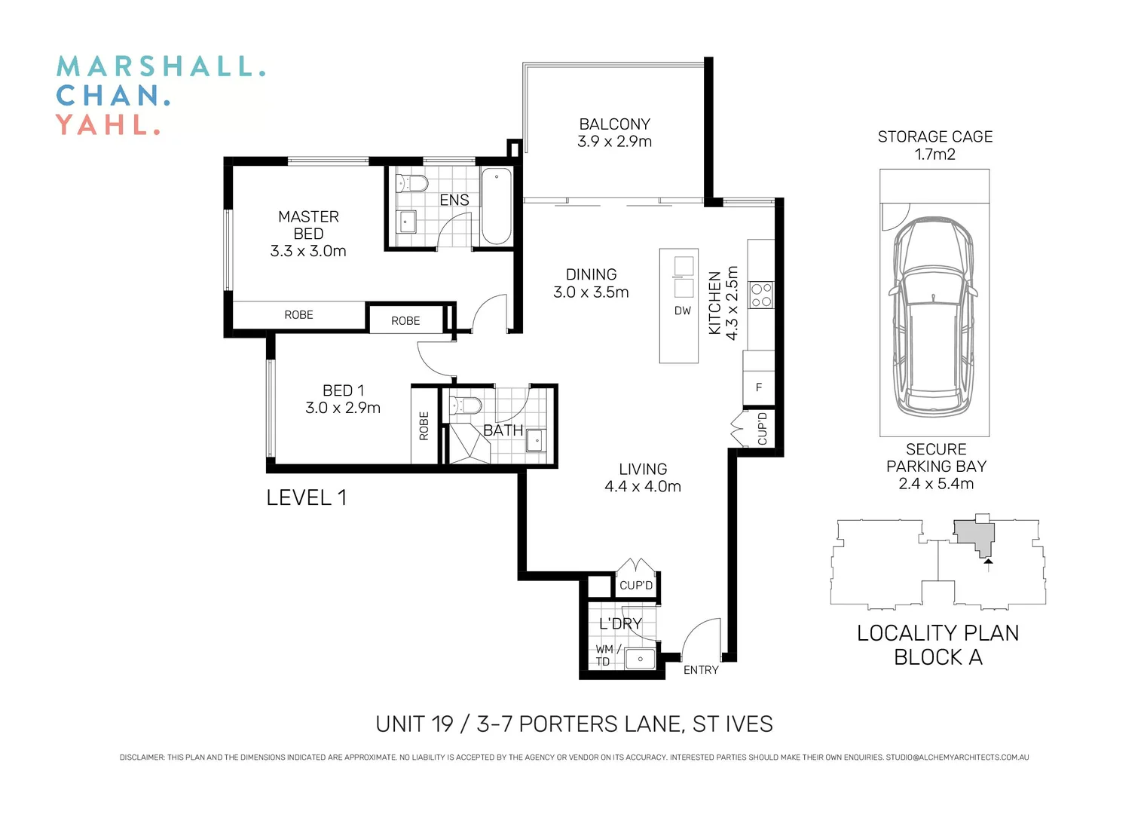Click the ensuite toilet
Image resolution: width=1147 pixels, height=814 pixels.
click(x=411, y=183)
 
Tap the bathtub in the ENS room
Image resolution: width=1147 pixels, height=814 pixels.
click(x=496, y=206)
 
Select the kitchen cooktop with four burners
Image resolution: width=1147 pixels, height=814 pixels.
click(x=761, y=295)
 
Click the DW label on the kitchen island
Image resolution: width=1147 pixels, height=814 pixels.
click(x=683, y=311)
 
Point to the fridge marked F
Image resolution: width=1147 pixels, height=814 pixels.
click(x=758, y=387)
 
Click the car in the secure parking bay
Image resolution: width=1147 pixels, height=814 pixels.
click(x=934, y=317)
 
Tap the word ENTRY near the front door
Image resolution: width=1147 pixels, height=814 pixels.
click(x=701, y=670)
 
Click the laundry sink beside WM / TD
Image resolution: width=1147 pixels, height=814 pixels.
click(x=640, y=659)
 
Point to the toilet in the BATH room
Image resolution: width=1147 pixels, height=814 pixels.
click(x=466, y=405)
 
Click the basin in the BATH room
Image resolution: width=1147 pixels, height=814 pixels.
click(x=536, y=441)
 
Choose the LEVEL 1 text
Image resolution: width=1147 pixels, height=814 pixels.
click(x=307, y=498)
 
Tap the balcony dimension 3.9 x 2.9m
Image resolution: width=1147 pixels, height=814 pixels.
click(x=614, y=142)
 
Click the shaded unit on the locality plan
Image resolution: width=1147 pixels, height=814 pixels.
click(x=974, y=537)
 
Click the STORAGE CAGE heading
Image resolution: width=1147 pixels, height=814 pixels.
click(x=935, y=136)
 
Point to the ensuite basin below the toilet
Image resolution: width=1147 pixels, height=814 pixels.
click(x=408, y=222)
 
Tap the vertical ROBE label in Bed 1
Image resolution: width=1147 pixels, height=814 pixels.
click(x=424, y=426)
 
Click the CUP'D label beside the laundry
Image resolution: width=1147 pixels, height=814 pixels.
click(x=636, y=585)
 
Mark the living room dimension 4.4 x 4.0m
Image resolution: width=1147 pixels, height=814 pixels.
click(x=643, y=486)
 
